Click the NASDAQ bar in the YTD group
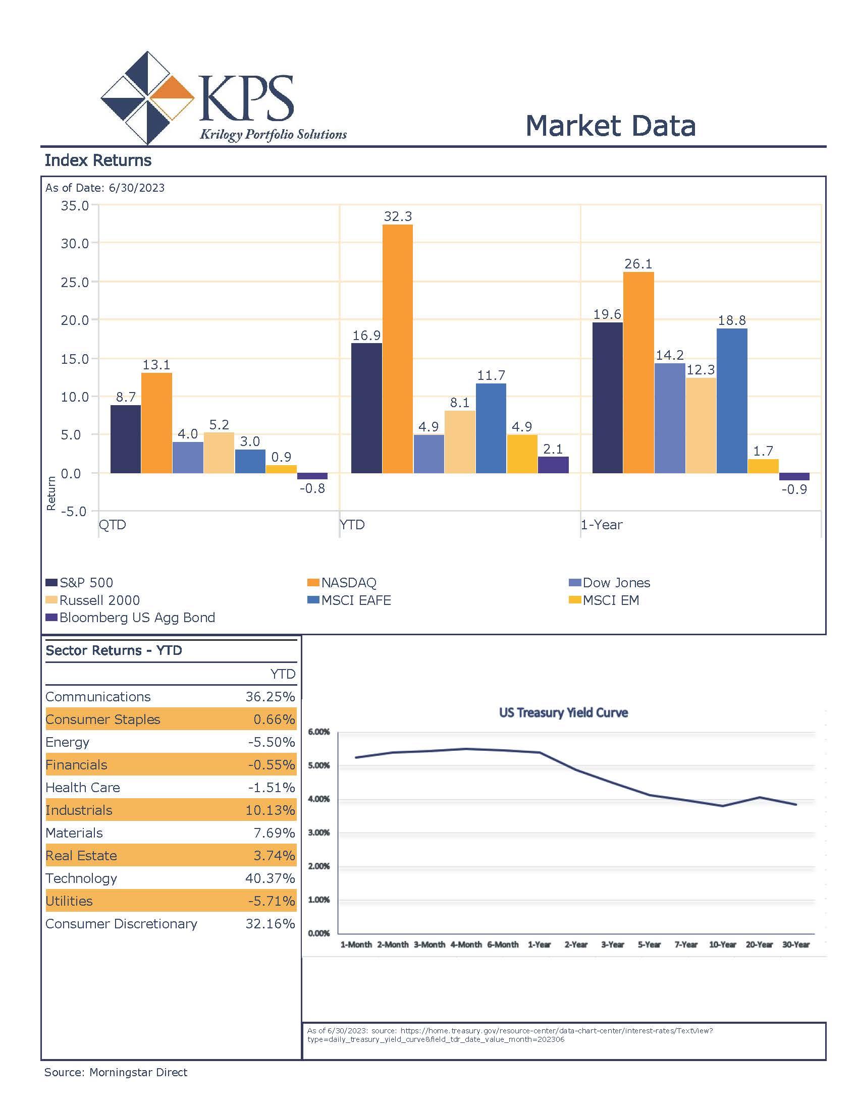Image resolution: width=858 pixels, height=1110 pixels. tap(398, 349)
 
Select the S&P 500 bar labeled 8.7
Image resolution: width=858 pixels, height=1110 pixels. tap(126, 439)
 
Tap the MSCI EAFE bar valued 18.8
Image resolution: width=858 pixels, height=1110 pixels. tap(732, 401)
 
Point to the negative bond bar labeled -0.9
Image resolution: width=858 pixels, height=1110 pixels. tap(794, 477)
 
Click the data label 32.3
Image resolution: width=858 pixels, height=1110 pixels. tap(398, 216)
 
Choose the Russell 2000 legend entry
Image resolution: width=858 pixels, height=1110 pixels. tap(93, 600)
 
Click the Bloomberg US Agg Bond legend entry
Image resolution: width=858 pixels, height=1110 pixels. tap(131, 618)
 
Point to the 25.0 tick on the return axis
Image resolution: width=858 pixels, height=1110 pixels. tap(75, 282)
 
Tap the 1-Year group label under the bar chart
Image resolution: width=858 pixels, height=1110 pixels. tap(602, 525)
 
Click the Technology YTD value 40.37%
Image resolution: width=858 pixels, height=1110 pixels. tap(271, 878)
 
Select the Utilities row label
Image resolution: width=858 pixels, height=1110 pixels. tap(69, 901)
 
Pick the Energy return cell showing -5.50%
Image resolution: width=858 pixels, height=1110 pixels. tap(272, 742)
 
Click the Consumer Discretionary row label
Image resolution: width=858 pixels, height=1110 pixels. tap(122, 924)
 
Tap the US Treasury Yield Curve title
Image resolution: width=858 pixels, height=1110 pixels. tap(563, 712)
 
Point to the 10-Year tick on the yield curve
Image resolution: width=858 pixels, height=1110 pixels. tap(722, 945)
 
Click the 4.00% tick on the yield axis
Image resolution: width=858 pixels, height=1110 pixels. tap(318, 800)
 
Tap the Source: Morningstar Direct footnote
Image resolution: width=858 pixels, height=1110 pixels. tap(116, 1072)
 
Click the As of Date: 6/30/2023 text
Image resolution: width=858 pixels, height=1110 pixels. tap(105, 188)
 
